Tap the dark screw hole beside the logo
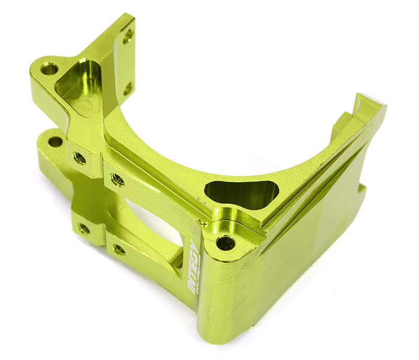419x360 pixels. pos(226,243)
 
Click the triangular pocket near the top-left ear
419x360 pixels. pos(79,86)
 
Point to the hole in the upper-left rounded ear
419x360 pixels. pos(49,69)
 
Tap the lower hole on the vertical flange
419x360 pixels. pos(127,88)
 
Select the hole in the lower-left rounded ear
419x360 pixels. pos(55,141)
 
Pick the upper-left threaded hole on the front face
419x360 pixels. pos(80,157)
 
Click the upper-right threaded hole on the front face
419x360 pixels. pos(117,180)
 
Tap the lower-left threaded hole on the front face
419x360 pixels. pos(84,228)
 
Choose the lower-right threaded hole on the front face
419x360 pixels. pos(119,249)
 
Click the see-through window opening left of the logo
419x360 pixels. pos(157,225)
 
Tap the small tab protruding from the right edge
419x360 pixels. pos(360,194)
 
